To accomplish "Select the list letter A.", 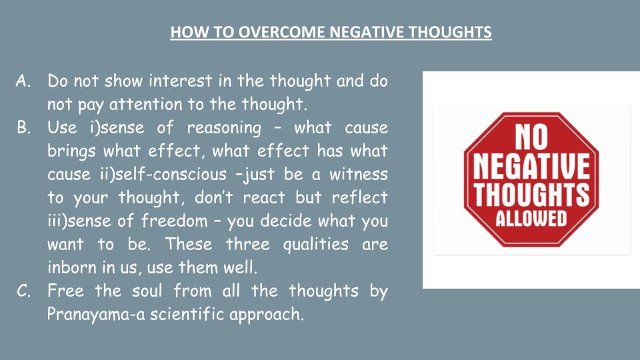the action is click(x=23, y=81).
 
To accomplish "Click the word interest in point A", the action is click(x=181, y=81).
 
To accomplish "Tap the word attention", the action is click(x=146, y=104).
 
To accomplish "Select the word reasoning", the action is click(x=224, y=128).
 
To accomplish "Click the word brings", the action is click(x=71, y=151).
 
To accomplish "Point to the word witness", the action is click(x=359, y=174).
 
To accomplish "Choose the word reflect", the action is click(x=359, y=197).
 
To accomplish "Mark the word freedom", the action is click(x=174, y=221).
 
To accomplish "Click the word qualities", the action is click(x=316, y=245).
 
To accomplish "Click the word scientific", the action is click(x=187, y=314).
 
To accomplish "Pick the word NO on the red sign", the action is click(x=531, y=137).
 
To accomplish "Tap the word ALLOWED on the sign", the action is click(x=531, y=219).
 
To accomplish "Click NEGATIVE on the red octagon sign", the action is click(x=531, y=166).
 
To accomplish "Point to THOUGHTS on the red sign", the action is click(x=531, y=194).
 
